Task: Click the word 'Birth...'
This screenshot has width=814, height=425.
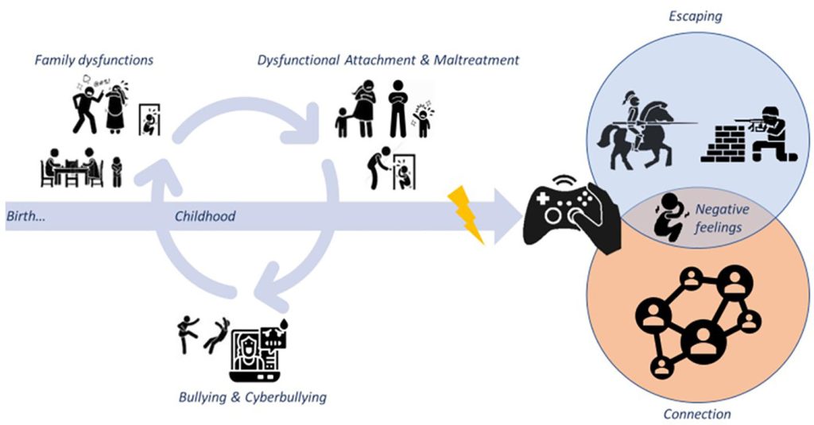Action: click(x=25, y=216)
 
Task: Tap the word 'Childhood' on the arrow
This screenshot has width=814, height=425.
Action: click(x=205, y=216)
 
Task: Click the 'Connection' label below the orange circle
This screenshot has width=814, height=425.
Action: click(x=696, y=414)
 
